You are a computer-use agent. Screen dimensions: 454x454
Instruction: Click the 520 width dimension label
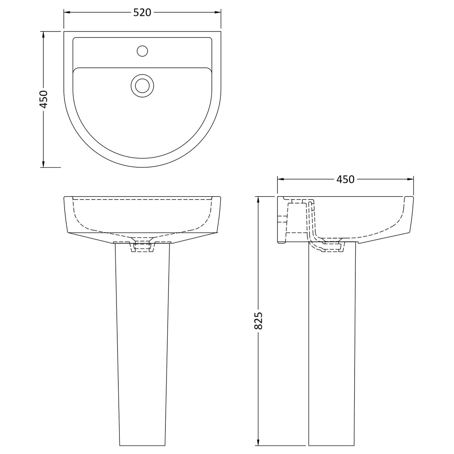pos(142,13)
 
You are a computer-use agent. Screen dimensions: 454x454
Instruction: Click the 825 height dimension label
pos(259,321)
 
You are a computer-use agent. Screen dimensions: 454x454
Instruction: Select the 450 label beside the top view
pos(44,99)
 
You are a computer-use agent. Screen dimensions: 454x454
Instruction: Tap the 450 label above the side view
pos(345,179)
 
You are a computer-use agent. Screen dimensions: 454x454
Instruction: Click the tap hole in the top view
pos(142,50)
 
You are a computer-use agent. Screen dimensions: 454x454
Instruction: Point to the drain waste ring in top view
pos(142,85)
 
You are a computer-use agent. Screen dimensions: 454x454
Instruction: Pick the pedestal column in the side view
pos(332,334)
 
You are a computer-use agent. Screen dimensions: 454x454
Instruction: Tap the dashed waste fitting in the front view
pos(142,247)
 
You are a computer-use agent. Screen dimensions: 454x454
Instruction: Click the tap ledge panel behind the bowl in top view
pos(111,52)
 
